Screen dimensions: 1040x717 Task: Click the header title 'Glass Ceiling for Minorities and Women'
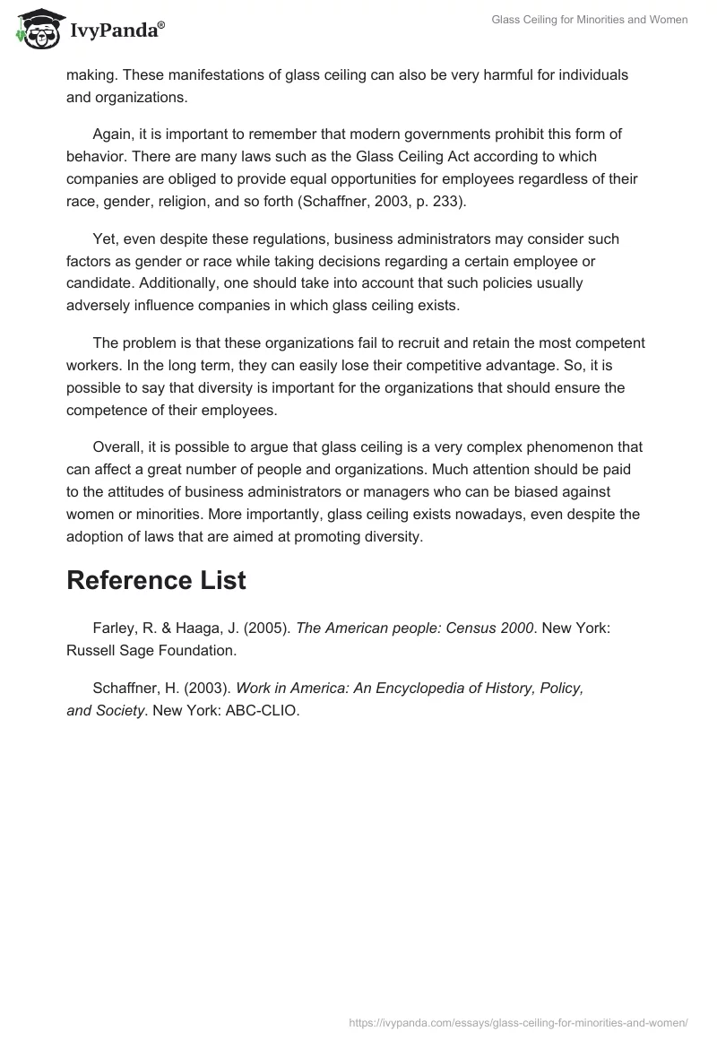pos(590,20)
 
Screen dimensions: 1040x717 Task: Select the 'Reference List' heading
pos(156,580)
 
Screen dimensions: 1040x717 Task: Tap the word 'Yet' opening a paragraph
pos(106,239)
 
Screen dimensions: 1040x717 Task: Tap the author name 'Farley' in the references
pos(114,629)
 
